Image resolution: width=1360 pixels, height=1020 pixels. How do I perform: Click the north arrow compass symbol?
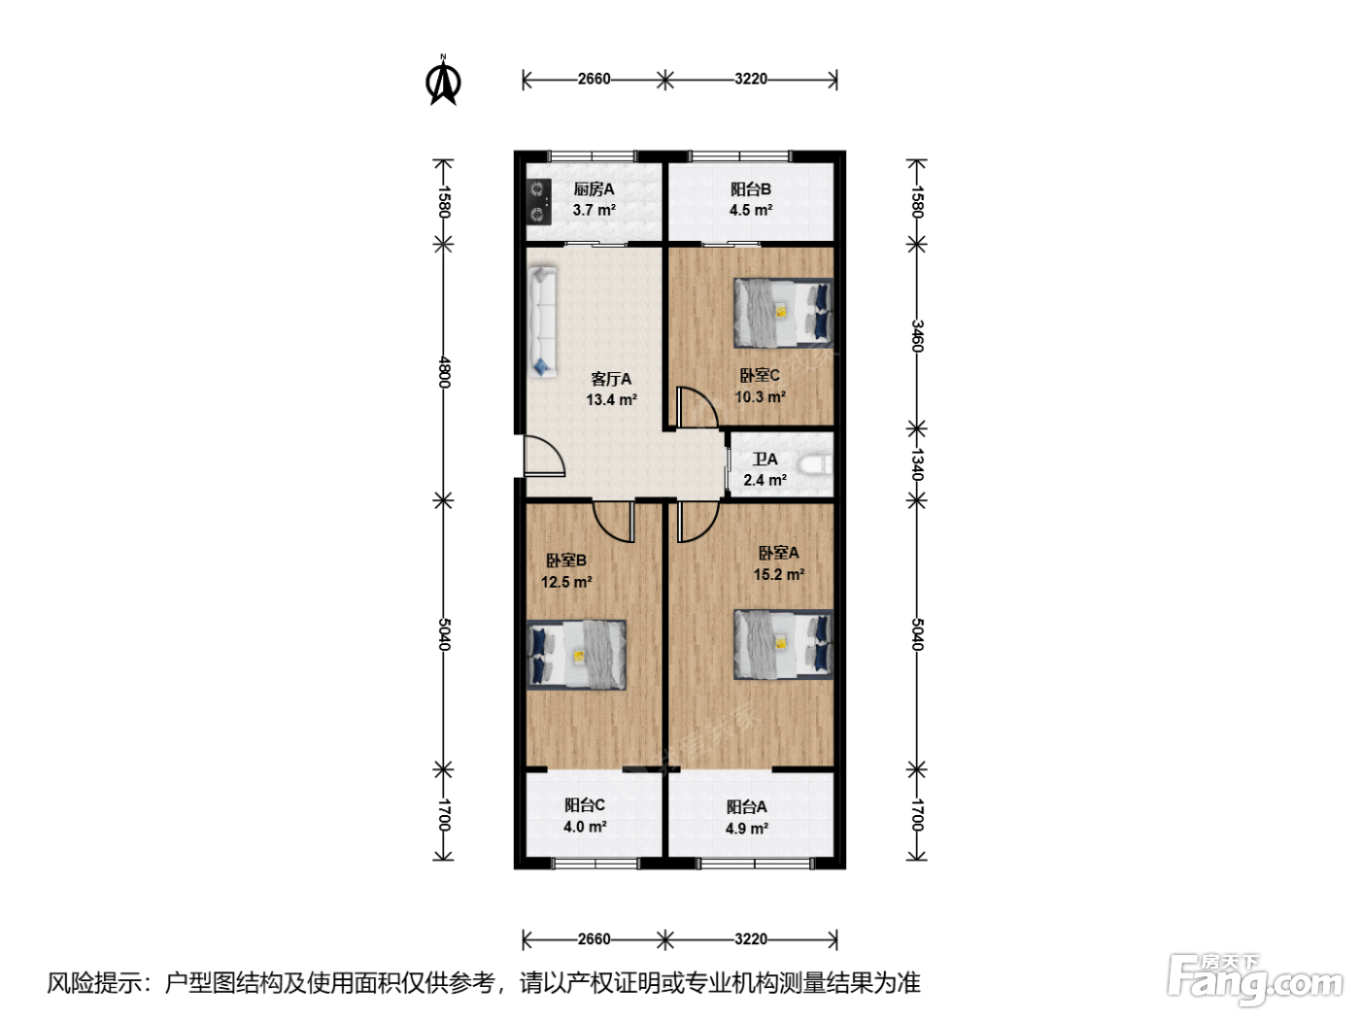tap(443, 81)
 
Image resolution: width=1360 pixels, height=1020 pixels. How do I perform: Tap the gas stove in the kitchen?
tap(538, 201)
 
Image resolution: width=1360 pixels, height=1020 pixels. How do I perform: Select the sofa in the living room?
tap(543, 322)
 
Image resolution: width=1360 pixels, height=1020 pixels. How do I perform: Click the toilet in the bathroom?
tap(815, 465)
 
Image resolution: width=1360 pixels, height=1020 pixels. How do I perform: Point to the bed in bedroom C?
tap(783, 313)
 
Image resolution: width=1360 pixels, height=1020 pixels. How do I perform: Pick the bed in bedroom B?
tap(576, 655)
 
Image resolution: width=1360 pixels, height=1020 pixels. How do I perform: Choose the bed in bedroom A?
tap(783, 645)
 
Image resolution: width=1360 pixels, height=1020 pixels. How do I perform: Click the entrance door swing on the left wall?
tap(544, 456)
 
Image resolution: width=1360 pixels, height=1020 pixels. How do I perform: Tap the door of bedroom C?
tap(697, 407)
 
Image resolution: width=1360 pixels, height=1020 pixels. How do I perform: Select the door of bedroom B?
tap(613, 522)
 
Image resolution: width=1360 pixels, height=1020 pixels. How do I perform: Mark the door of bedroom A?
tap(698, 522)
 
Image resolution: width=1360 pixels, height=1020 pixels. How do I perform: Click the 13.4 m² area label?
tap(612, 400)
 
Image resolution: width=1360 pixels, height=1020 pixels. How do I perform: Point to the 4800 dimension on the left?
tap(444, 372)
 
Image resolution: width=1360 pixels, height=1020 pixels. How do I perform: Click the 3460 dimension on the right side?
tap(918, 336)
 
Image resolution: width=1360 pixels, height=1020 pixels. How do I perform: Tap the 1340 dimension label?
tap(918, 464)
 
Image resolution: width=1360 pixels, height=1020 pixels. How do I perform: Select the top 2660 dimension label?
tap(594, 79)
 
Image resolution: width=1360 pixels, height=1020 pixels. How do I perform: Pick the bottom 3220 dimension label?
tap(751, 938)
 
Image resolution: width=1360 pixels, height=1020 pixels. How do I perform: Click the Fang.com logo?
tap(1254, 980)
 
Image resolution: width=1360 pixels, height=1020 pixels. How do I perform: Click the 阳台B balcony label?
tap(750, 188)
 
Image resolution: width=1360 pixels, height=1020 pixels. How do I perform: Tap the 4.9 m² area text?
tap(747, 828)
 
